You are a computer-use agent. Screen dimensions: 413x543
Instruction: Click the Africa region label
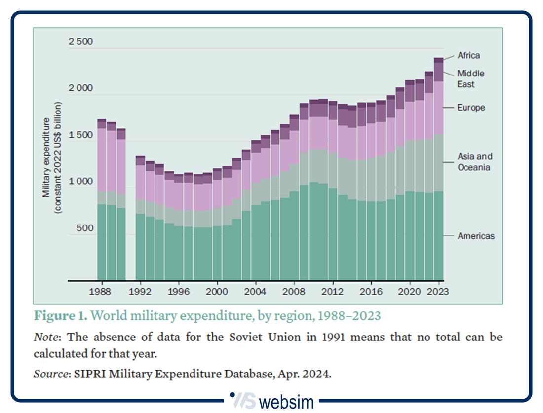pos(468,55)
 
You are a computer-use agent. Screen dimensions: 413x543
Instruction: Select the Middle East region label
pos(470,79)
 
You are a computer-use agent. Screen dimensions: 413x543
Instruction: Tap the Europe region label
pos(471,108)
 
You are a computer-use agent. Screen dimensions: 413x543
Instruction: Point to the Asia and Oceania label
pos(474,162)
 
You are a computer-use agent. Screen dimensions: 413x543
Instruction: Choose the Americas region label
pos(475,236)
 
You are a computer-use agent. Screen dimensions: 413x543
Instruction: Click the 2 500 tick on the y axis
pos(80,42)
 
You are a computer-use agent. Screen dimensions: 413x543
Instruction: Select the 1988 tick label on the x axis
pos(102,291)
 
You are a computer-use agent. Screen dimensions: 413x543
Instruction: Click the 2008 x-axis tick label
pos(294,291)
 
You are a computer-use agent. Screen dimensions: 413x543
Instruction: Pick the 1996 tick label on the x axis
pos(179,291)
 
